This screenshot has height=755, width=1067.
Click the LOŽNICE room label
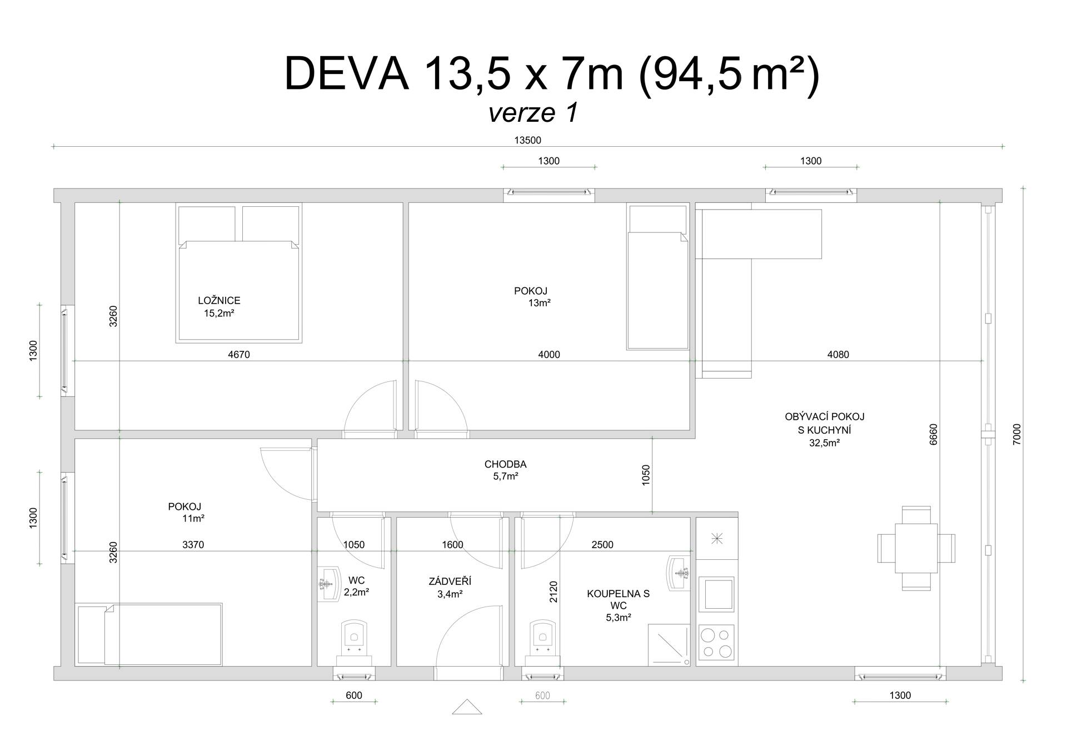(219, 301)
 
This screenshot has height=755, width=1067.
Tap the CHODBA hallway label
(505, 464)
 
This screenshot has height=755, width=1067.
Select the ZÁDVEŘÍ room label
(450, 582)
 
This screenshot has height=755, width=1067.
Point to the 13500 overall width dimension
(527, 141)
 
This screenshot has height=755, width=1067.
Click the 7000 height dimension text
(1017, 434)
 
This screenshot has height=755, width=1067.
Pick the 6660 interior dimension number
(933, 434)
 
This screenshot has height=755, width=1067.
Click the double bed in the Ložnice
(239, 273)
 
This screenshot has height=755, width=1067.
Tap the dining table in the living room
(916, 548)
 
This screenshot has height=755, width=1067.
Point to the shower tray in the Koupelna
(669, 645)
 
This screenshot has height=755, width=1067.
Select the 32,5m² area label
(824, 443)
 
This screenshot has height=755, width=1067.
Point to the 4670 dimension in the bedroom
(239, 355)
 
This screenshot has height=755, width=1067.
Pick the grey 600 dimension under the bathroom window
(542, 696)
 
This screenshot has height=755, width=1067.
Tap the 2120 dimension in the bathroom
(554, 592)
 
